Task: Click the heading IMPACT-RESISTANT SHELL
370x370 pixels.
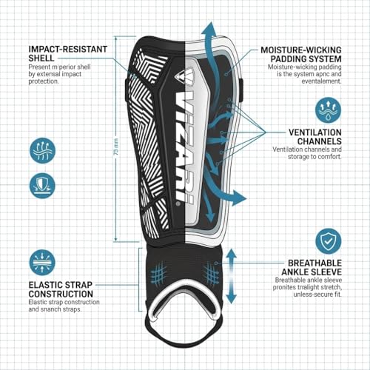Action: pos(68,53)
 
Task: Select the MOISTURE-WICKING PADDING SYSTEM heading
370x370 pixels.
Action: pos(301,55)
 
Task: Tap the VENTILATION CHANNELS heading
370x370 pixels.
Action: pos(315,137)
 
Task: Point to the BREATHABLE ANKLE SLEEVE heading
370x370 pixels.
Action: pos(312,267)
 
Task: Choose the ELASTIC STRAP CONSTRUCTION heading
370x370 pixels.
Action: pos(61,289)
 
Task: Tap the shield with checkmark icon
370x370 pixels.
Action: pos(329,241)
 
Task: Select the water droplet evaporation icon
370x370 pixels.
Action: pos(329,110)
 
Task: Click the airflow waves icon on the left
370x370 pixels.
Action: pos(42,150)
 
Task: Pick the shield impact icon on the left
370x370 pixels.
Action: pos(42,186)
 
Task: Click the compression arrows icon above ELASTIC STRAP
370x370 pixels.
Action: pos(42,263)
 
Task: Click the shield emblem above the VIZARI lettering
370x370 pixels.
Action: pos(184,76)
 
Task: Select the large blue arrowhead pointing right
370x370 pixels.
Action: pos(238,198)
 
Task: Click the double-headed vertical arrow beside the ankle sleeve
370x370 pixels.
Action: pos(231,276)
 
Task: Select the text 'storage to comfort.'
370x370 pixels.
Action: pos(314,157)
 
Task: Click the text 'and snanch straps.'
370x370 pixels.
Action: pos(55,309)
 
